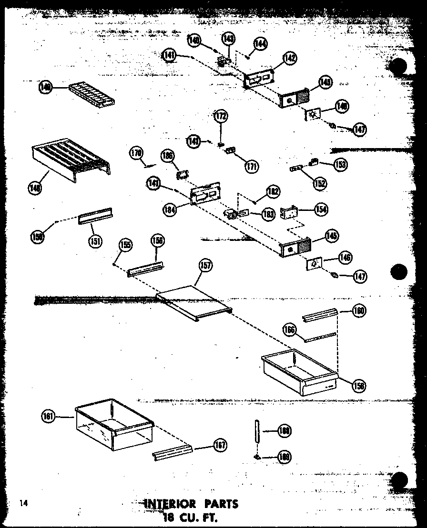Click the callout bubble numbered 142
coord(289,59)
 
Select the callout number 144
coord(260,44)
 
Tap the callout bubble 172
coord(221,116)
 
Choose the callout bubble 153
coord(340,164)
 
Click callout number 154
coord(321,209)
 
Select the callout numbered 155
coord(126,245)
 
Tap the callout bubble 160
coord(358,311)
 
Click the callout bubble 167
coord(220,445)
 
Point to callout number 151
coord(95,241)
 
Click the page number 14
coord(24,503)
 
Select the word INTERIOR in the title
coord(170,504)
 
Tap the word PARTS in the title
coord(220,504)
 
